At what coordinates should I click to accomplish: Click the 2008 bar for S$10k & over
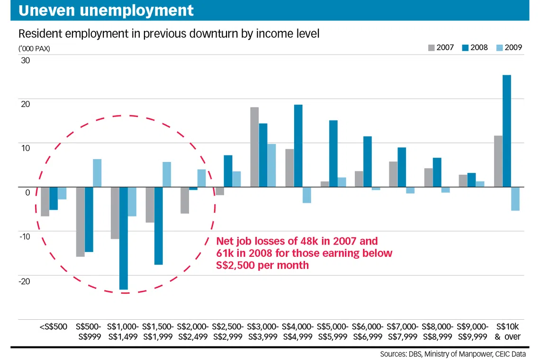(x=507, y=131)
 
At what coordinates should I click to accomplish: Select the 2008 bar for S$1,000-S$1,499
(x=123, y=238)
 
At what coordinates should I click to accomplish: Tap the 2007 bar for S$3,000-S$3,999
(x=254, y=147)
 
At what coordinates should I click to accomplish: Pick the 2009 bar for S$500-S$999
(x=97, y=173)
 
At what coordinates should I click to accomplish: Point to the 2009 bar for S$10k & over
(x=515, y=198)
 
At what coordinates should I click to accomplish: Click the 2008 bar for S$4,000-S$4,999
(x=298, y=146)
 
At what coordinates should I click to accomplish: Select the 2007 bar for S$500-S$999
(x=80, y=222)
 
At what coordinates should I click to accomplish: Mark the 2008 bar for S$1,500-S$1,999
(x=158, y=225)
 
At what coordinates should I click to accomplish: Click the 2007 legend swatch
(x=432, y=48)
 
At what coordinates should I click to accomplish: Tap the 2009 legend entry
(x=509, y=48)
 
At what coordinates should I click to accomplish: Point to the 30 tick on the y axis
(x=25, y=61)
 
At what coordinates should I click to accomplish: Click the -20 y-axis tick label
(x=24, y=281)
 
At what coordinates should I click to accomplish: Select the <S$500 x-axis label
(x=54, y=327)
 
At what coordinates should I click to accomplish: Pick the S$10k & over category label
(x=507, y=332)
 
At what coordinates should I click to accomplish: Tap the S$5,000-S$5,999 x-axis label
(x=333, y=332)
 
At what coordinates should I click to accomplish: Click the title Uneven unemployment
(x=106, y=10)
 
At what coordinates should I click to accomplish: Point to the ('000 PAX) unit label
(x=34, y=48)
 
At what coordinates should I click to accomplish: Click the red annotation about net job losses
(x=304, y=253)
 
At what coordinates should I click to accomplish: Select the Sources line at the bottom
(x=452, y=354)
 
